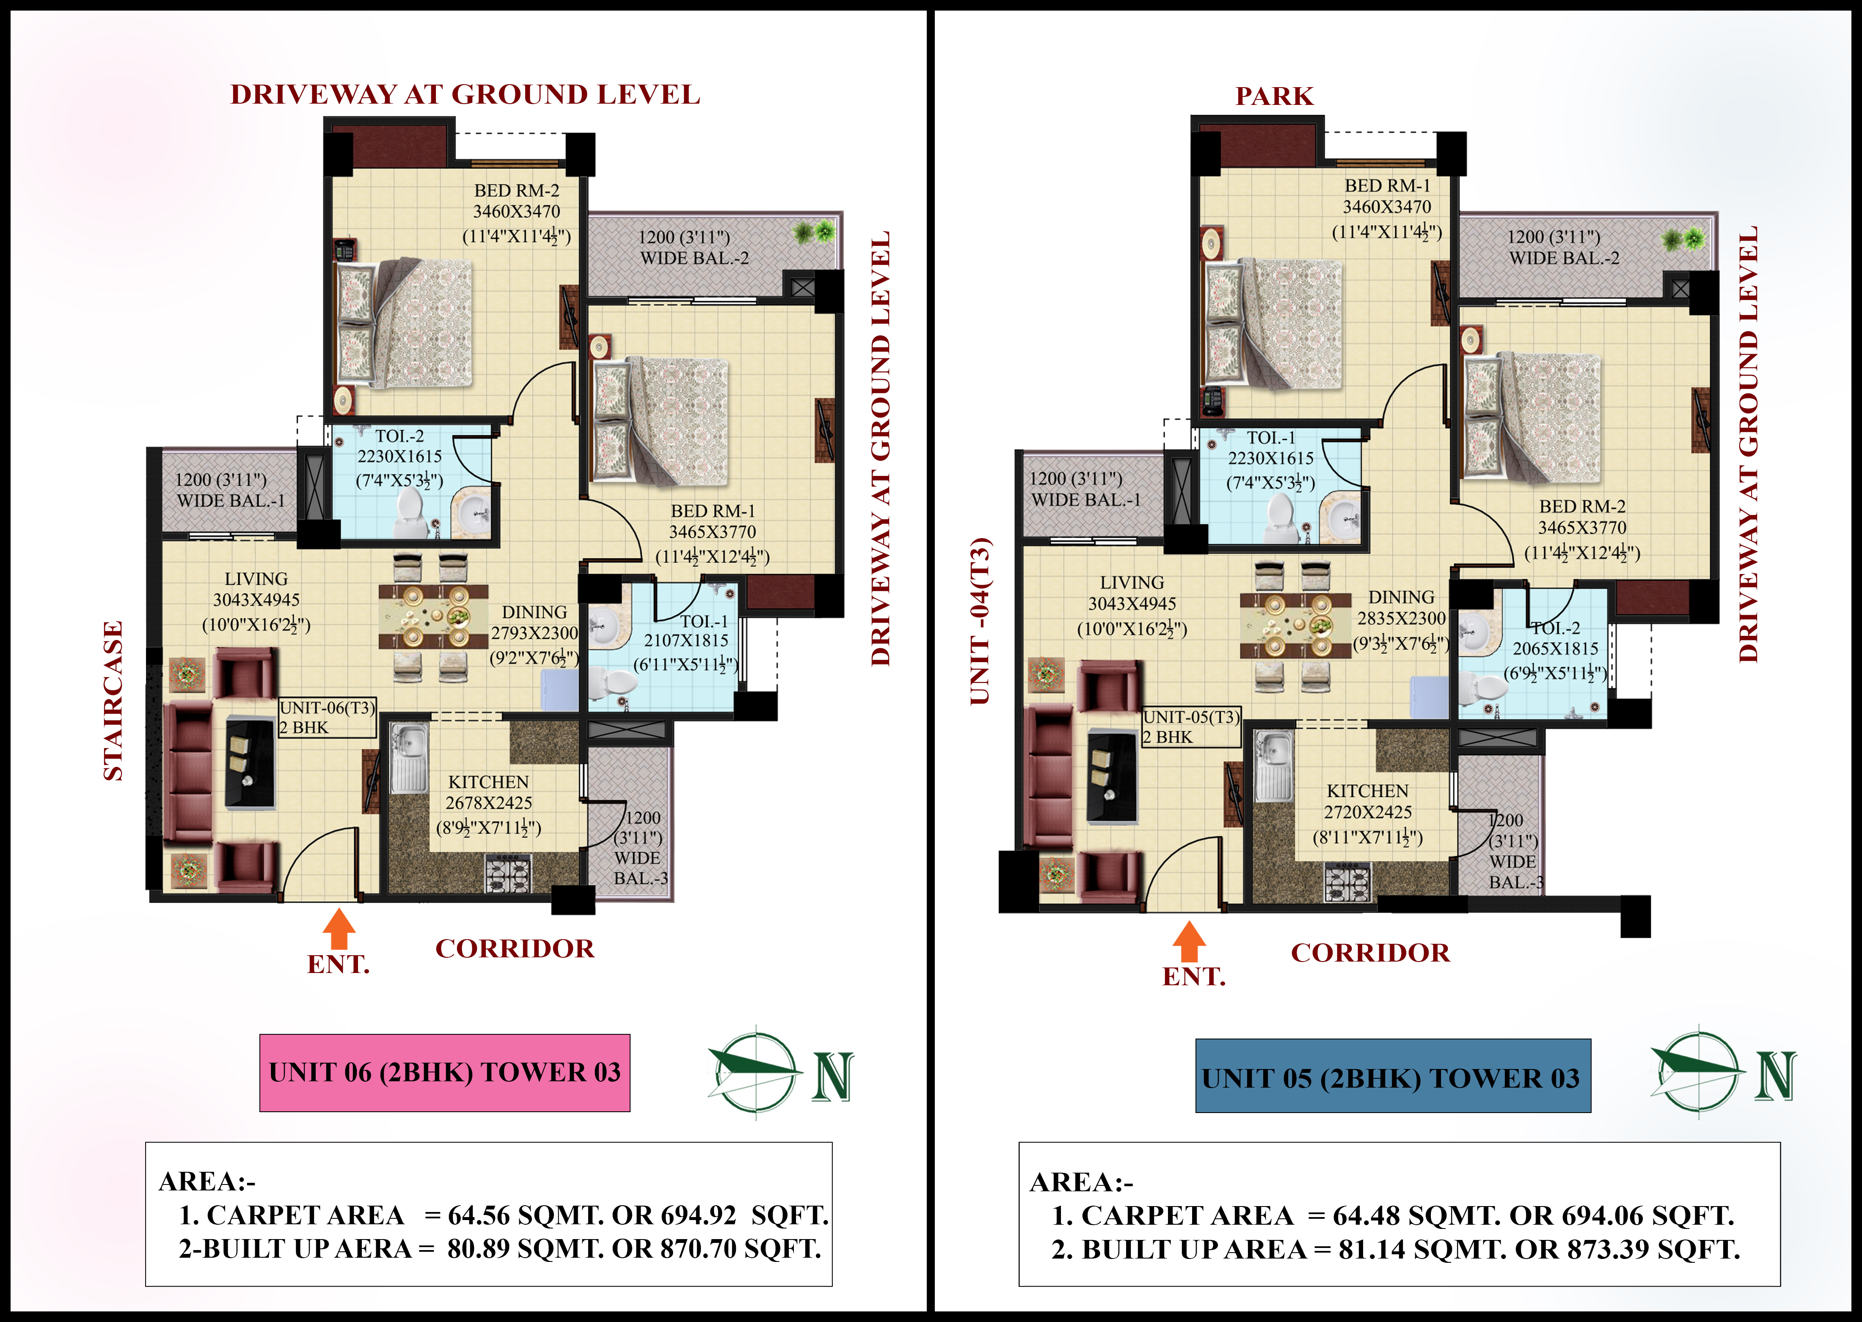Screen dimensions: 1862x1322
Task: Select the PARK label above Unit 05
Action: click(1274, 96)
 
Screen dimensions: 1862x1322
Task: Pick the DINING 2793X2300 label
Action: click(534, 635)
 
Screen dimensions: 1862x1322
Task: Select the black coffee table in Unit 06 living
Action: click(249, 763)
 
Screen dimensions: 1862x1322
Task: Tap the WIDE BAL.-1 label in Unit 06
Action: click(231, 500)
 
